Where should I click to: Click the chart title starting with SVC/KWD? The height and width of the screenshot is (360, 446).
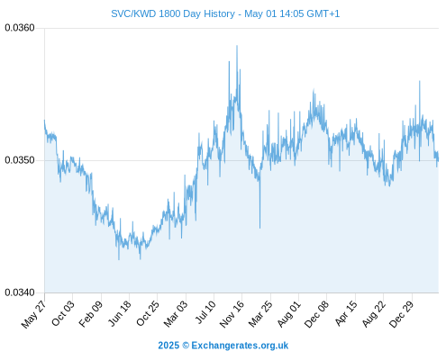tap(225, 13)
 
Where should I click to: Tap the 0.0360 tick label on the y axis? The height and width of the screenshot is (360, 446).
tap(20, 28)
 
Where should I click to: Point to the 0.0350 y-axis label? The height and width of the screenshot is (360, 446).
tap(20, 160)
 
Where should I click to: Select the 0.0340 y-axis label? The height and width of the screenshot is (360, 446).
tap(20, 292)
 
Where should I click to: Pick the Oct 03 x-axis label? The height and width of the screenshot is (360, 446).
tap(63, 312)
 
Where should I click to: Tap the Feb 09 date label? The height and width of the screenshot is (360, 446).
tap(91, 313)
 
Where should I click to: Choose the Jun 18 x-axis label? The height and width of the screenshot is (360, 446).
tap(120, 312)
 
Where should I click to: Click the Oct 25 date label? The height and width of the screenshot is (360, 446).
tap(148, 312)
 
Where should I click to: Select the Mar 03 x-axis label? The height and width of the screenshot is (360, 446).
tap(176, 313)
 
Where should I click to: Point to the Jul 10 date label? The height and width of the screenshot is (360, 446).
tap(205, 311)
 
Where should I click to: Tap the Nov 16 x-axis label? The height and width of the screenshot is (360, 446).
tap(232, 313)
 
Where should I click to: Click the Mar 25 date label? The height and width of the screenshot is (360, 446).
tap(260, 313)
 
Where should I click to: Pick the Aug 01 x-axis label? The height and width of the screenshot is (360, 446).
tap(288, 313)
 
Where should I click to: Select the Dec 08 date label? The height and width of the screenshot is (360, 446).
tap(316, 314)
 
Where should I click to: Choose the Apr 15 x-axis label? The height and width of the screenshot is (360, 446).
tap(346, 312)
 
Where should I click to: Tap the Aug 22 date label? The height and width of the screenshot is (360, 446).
tap(373, 313)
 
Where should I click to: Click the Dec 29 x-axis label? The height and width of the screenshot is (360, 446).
tap(401, 313)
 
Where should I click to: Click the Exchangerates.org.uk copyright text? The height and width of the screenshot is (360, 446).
tap(223, 346)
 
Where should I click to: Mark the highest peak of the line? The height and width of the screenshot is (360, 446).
tap(237, 46)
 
